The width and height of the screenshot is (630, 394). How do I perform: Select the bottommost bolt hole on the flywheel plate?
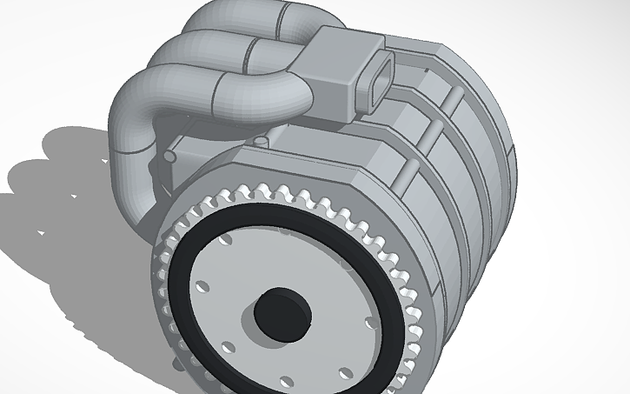coord(287,379)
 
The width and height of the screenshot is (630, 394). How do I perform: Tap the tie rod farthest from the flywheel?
coord(454,96)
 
